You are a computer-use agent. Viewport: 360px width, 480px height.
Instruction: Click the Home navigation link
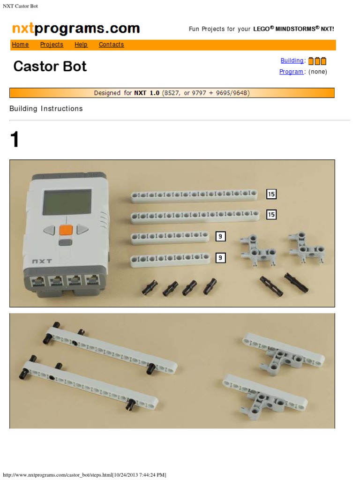pos(20,45)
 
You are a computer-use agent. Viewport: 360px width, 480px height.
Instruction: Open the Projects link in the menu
pos(52,45)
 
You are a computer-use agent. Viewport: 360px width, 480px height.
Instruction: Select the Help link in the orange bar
pos(81,45)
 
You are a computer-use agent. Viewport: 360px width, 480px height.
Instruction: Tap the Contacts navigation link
pos(111,45)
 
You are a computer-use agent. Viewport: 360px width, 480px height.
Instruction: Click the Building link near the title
pos(292,60)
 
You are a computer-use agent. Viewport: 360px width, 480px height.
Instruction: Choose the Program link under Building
pos(291,72)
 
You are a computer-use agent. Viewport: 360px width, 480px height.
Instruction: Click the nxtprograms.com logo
pos(76,29)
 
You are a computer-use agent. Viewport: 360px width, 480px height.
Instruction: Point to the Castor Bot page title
pos(50,66)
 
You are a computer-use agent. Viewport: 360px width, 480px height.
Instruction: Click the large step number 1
pos(15,140)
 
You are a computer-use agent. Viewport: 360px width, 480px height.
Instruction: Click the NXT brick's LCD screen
pos(67,202)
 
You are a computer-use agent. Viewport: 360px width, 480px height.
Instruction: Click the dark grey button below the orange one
pos(66,242)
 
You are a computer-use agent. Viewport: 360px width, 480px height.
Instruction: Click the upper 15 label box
pos(271,194)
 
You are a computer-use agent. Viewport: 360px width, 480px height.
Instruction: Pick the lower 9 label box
pos(220,257)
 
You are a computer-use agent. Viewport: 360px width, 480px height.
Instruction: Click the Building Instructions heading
pos(46,109)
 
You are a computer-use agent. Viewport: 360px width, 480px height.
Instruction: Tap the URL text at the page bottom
pos(84,475)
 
